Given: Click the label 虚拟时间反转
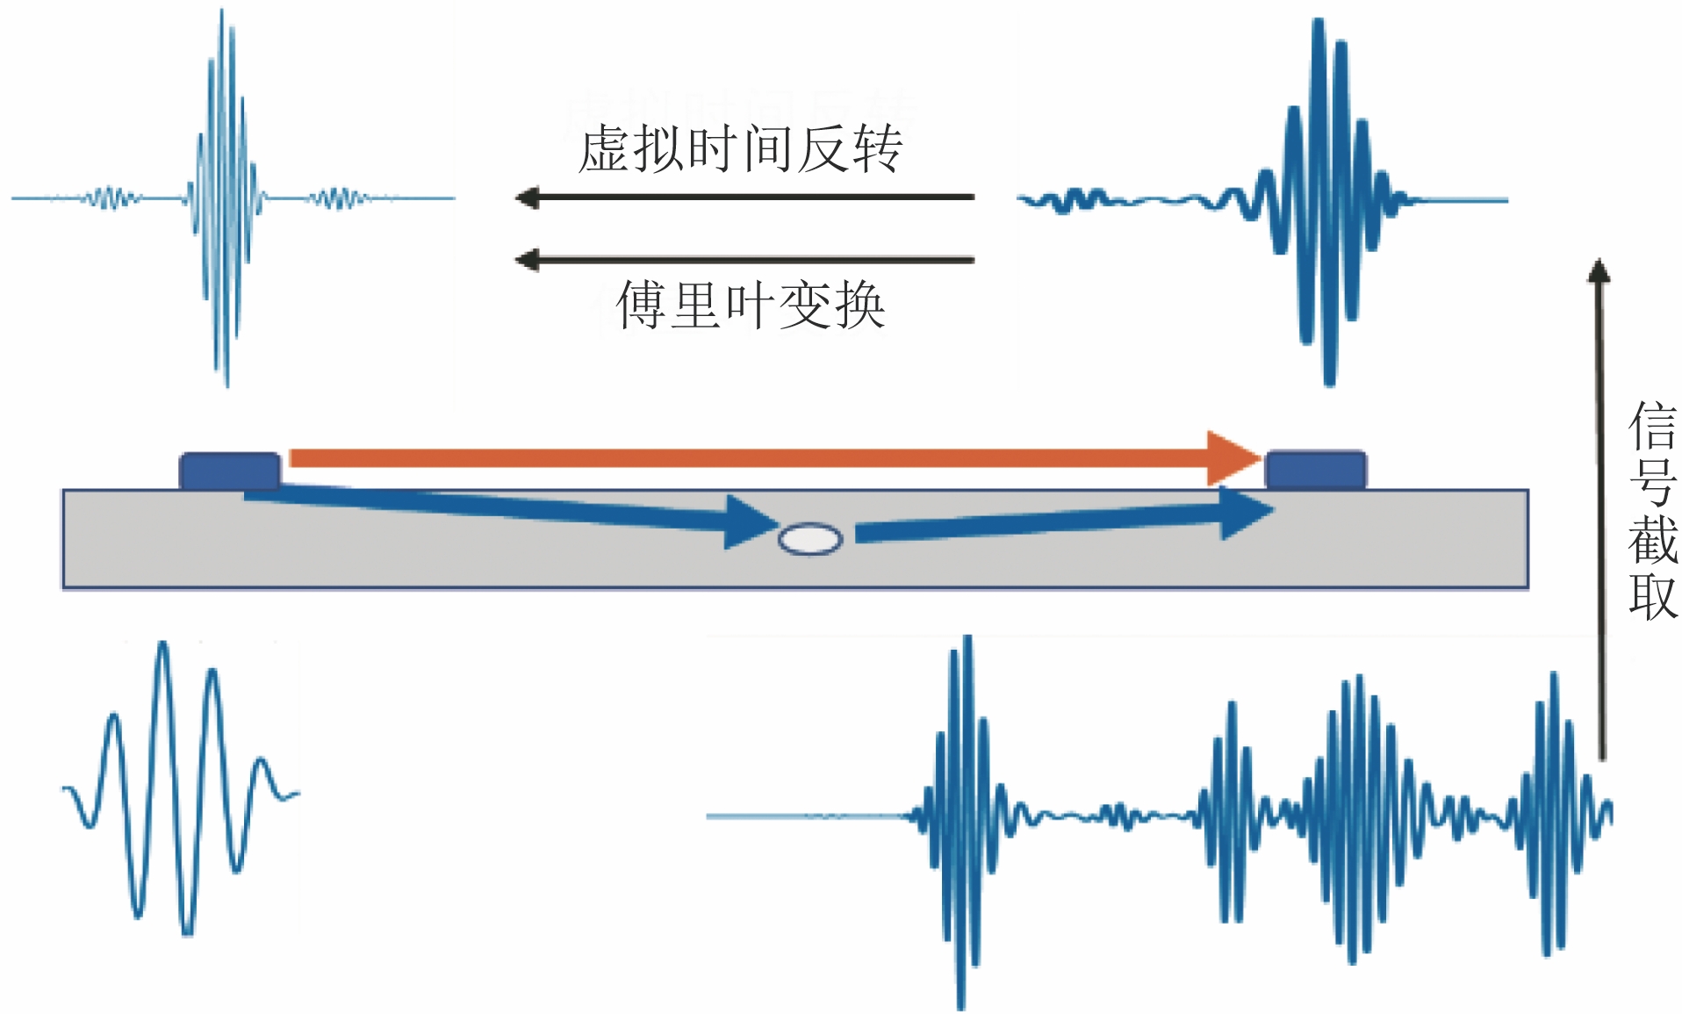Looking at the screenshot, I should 740,148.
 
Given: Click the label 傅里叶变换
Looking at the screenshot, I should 751,306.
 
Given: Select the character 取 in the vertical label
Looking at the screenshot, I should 1652,596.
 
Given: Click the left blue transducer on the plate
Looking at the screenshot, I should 230,470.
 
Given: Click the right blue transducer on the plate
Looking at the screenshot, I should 1315,470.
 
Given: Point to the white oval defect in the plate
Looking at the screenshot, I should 810,538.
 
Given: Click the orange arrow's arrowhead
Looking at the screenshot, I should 1233,457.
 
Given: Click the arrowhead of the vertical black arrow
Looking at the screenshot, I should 1599,270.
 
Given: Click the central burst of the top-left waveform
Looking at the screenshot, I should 225,198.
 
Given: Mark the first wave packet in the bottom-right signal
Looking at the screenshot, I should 962,816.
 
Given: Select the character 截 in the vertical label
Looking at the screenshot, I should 1652,539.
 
